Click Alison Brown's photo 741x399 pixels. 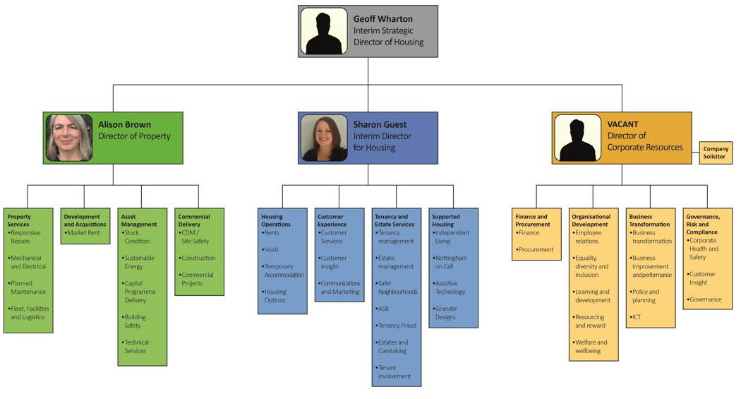click(x=69, y=138)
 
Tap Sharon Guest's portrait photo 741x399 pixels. click(x=324, y=138)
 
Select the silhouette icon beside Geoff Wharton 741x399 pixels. click(x=324, y=32)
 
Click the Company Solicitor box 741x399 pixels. click(x=715, y=153)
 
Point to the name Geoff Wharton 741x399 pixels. click(x=383, y=19)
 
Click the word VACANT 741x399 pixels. click(x=622, y=124)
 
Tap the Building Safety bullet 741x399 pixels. click(x=136, y=321)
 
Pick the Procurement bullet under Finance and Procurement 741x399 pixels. click(x=536, y=249)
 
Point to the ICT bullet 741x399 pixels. click(x=637, y=317)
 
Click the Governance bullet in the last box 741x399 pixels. click(x=705, y=299)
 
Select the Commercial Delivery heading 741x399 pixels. click(x=194, y=220)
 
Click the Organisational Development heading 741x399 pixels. click(x=591, y=220)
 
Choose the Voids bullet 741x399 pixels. click(x=271, y=249)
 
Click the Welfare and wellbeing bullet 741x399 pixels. click(x=591, y=347)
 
